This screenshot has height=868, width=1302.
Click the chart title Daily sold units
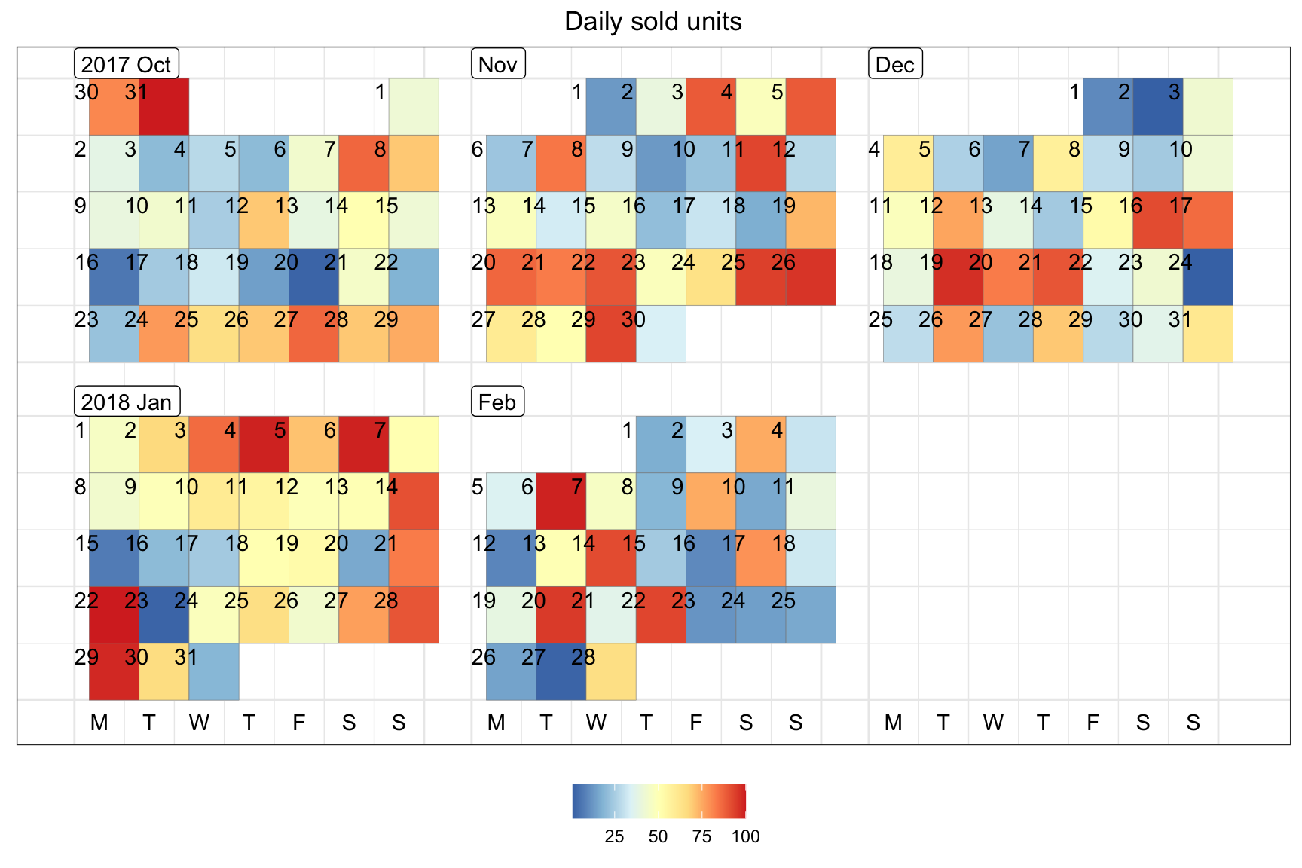[x=653, y=22]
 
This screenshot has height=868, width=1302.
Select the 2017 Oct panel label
[x=127, y=64]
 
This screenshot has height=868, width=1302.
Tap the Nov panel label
[x=497, y=64]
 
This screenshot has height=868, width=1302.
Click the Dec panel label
[x=895, y=64]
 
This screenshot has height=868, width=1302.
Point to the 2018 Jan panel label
[x=127, y=402]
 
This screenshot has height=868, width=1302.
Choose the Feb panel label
[x=497, y=402]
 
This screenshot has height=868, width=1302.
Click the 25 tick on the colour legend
[x=614, y=836]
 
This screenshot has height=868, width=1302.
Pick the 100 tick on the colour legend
[x=745, y=836]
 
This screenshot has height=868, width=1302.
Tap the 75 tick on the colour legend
[x=701, y=836]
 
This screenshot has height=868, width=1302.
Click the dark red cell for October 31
[x=164, y=107]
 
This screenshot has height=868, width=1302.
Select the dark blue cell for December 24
[x=1208, y=277]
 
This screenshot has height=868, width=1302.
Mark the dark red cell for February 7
[x=561, y=501]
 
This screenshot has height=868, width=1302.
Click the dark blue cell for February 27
[x=561, y=671]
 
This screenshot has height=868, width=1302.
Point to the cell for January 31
[x=214, y=671]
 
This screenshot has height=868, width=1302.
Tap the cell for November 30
[x=661, y=334]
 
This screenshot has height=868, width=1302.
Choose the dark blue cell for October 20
[x=313, y=277]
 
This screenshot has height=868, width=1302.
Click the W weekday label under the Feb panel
[x=596, y=723]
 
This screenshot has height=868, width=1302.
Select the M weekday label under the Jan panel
[x=99, y=723]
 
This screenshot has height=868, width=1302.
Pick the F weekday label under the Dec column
[x=1093, y=723]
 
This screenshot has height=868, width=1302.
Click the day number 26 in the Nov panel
[x=784, y=262]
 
